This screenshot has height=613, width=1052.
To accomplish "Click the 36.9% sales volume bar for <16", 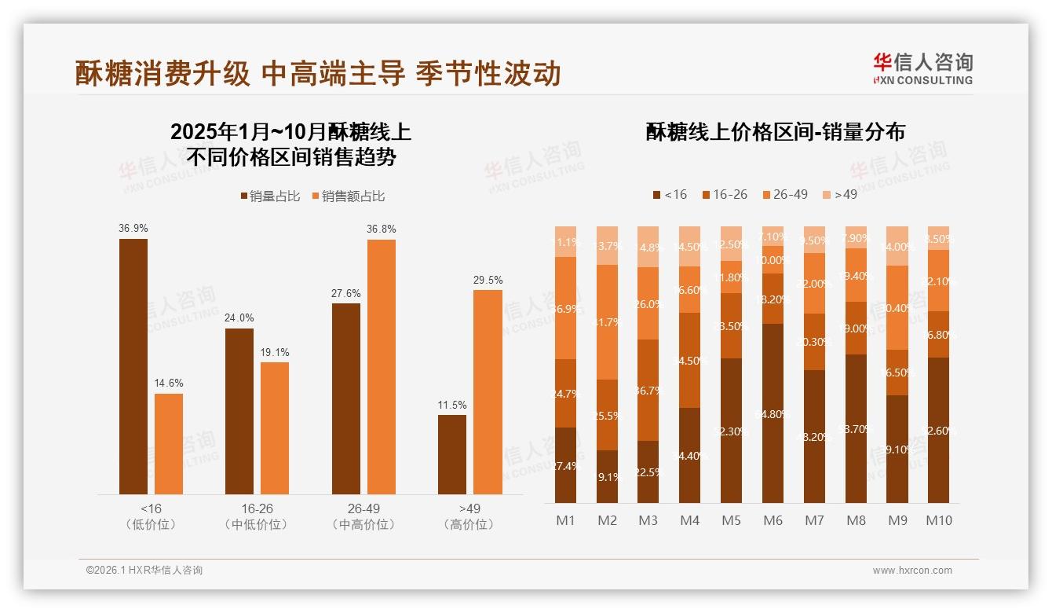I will [x=133, y=366].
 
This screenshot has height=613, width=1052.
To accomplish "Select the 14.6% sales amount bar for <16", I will [x=169, y=444].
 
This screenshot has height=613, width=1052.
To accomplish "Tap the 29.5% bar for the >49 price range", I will [x=488, y=392].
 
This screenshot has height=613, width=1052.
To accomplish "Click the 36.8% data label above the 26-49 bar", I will [x=381, y=229].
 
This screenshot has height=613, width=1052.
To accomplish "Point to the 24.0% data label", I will [x=239, y=318].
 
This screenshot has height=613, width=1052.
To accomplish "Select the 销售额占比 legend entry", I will [x=348, y=196].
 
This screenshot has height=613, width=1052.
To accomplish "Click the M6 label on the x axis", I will [x=773, y=520].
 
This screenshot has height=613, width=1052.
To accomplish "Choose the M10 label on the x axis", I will [x=938, y=520].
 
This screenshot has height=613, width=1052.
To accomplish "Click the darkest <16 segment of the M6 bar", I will [x=773, y=413].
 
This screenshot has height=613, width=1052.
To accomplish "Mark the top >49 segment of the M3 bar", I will [x=648, y=247].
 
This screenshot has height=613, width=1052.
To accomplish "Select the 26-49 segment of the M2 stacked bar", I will [x=607, y=322].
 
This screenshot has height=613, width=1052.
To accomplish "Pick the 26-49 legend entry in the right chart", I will [x=784, y=194].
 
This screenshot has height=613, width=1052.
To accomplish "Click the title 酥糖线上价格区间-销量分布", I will [x=775, y=132].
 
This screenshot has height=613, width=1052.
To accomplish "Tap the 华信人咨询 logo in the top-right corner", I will [x=922, y=68].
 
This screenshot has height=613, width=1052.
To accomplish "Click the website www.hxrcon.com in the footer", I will [x=912, y=571].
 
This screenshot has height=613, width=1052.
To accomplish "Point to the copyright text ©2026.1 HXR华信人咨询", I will [x=144, y=571].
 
